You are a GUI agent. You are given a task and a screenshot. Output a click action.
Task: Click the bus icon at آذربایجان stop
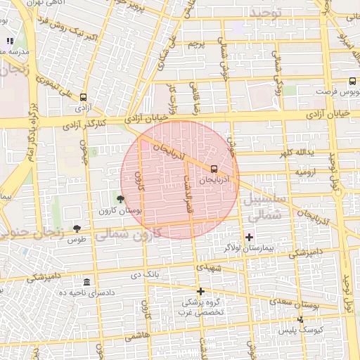[x=214, y=168]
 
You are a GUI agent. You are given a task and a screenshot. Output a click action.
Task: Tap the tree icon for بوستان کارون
[x=120, y=199]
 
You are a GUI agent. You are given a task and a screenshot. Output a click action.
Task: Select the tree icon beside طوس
[x=77, y=228]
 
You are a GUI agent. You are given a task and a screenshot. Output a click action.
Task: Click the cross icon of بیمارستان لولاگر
[x=249, y=237]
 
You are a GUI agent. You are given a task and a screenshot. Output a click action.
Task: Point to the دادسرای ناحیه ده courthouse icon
[x=86, y=281]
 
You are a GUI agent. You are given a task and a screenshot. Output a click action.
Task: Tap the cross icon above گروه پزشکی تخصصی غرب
[x=200, y=291]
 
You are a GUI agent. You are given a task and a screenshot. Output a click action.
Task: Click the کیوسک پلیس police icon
[x=301, y=320]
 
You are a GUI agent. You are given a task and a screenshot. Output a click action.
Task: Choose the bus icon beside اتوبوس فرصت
[x=352, y=81]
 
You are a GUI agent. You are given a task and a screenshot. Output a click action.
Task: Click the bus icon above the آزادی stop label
[x=84, y=98]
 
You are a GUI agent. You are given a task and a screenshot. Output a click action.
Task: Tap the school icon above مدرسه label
[x=10, y=41]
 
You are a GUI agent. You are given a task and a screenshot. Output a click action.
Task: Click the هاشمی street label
[x=145, y=337]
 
